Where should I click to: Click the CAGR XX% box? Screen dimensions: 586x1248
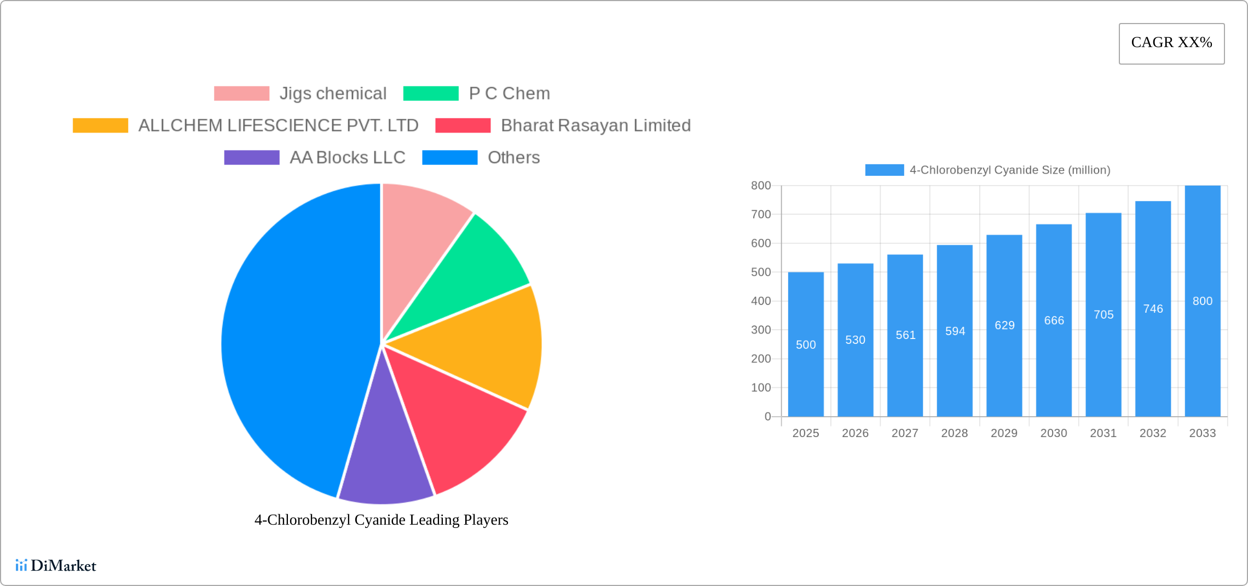[1171, 43]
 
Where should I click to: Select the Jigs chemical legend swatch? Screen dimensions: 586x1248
[241, 94]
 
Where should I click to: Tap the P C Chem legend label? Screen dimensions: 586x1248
[509, 94]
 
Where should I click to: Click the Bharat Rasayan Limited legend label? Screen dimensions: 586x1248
[596, 125]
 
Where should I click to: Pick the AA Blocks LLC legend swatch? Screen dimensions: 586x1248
[252, 158]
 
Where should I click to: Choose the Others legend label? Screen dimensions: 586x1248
[513, 158]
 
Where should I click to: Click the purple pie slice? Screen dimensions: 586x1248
[385, 466]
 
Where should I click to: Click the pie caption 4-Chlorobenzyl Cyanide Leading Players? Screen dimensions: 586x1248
[381, 520]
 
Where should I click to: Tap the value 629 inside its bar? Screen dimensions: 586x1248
[1004, 325]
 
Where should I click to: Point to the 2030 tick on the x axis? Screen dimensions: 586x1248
[1054, 433]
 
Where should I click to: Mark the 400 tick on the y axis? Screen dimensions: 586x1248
[761, 301]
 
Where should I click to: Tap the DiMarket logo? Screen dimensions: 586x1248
[56, 565]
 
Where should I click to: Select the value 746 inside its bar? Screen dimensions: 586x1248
[1153, 309]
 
